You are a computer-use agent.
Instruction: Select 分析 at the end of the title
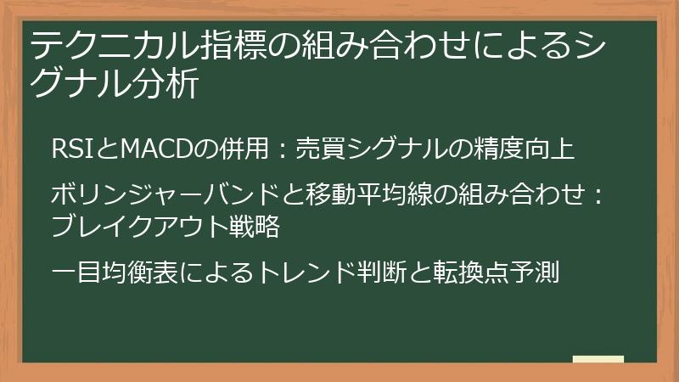pos(170,85)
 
